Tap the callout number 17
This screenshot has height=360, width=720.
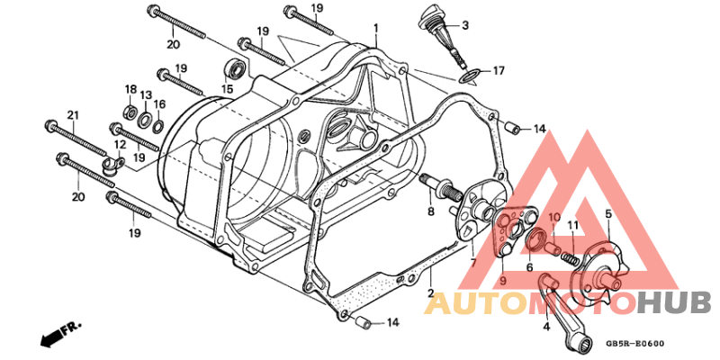pyautogui.click(x=499, y=71)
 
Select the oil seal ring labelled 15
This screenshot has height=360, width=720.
pyautogui.click(x=235, y=69)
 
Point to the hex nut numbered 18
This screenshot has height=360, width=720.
pyautogui.click(x=130, y=111)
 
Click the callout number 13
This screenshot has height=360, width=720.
pyautogui.click(x=146, y=95)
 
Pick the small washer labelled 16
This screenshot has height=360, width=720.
pyautogui.click(x=157, y=124)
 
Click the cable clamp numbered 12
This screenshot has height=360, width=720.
pyautogui.click(x=112, y=166)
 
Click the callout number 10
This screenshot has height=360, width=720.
pyautogui.click(x=554, y=216)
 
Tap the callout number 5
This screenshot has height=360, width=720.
pyautogui.click(x=608, y=213)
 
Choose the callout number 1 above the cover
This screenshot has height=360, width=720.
pyautogui.click(x=375, y=29)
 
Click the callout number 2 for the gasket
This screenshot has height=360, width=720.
pyautogui.click(x=431, y=293)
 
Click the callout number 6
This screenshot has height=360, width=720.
pyautogui.click(x=529, y=267)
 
